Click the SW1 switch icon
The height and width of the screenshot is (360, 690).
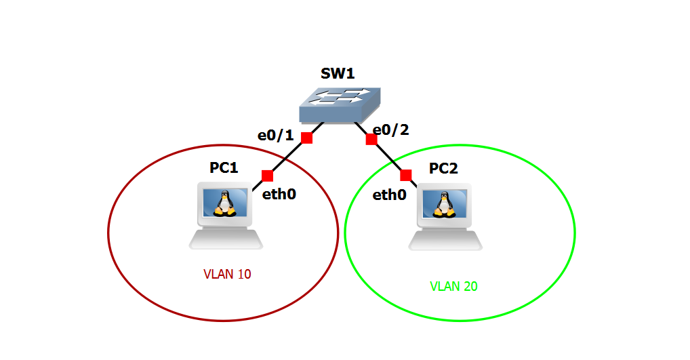click(x=338, y=104)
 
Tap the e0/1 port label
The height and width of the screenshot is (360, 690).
click(x=275, y=135)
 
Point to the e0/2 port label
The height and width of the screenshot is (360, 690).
click(x=391, y=130)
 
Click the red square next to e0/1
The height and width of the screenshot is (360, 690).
click(x=306, y=138)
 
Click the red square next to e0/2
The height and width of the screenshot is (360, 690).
click(x=371, y=139)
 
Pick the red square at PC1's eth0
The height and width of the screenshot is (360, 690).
click(x=267, y=176)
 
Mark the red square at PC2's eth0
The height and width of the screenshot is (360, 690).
click(x=406, y=176)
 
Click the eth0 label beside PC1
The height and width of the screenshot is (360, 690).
click(x=279, y=195)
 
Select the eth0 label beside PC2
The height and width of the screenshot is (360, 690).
click(x=390, y=195)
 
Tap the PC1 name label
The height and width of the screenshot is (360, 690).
click(x=223, y=168)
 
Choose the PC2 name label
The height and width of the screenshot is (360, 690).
click(x=443, y=168)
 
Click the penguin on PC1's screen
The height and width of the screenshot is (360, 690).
click(x=224, y=203)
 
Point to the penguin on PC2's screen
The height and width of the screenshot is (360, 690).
click(x=445, y=203)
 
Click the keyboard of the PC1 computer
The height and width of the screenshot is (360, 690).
click(x=225, y=239)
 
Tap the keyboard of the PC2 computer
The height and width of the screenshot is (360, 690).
click(x=446, y=239)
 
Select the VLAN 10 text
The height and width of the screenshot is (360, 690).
click(x=227, y=275)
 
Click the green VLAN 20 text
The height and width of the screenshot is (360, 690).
click(x=453, y=286)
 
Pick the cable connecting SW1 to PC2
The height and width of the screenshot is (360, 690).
click(x=388, y=157)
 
